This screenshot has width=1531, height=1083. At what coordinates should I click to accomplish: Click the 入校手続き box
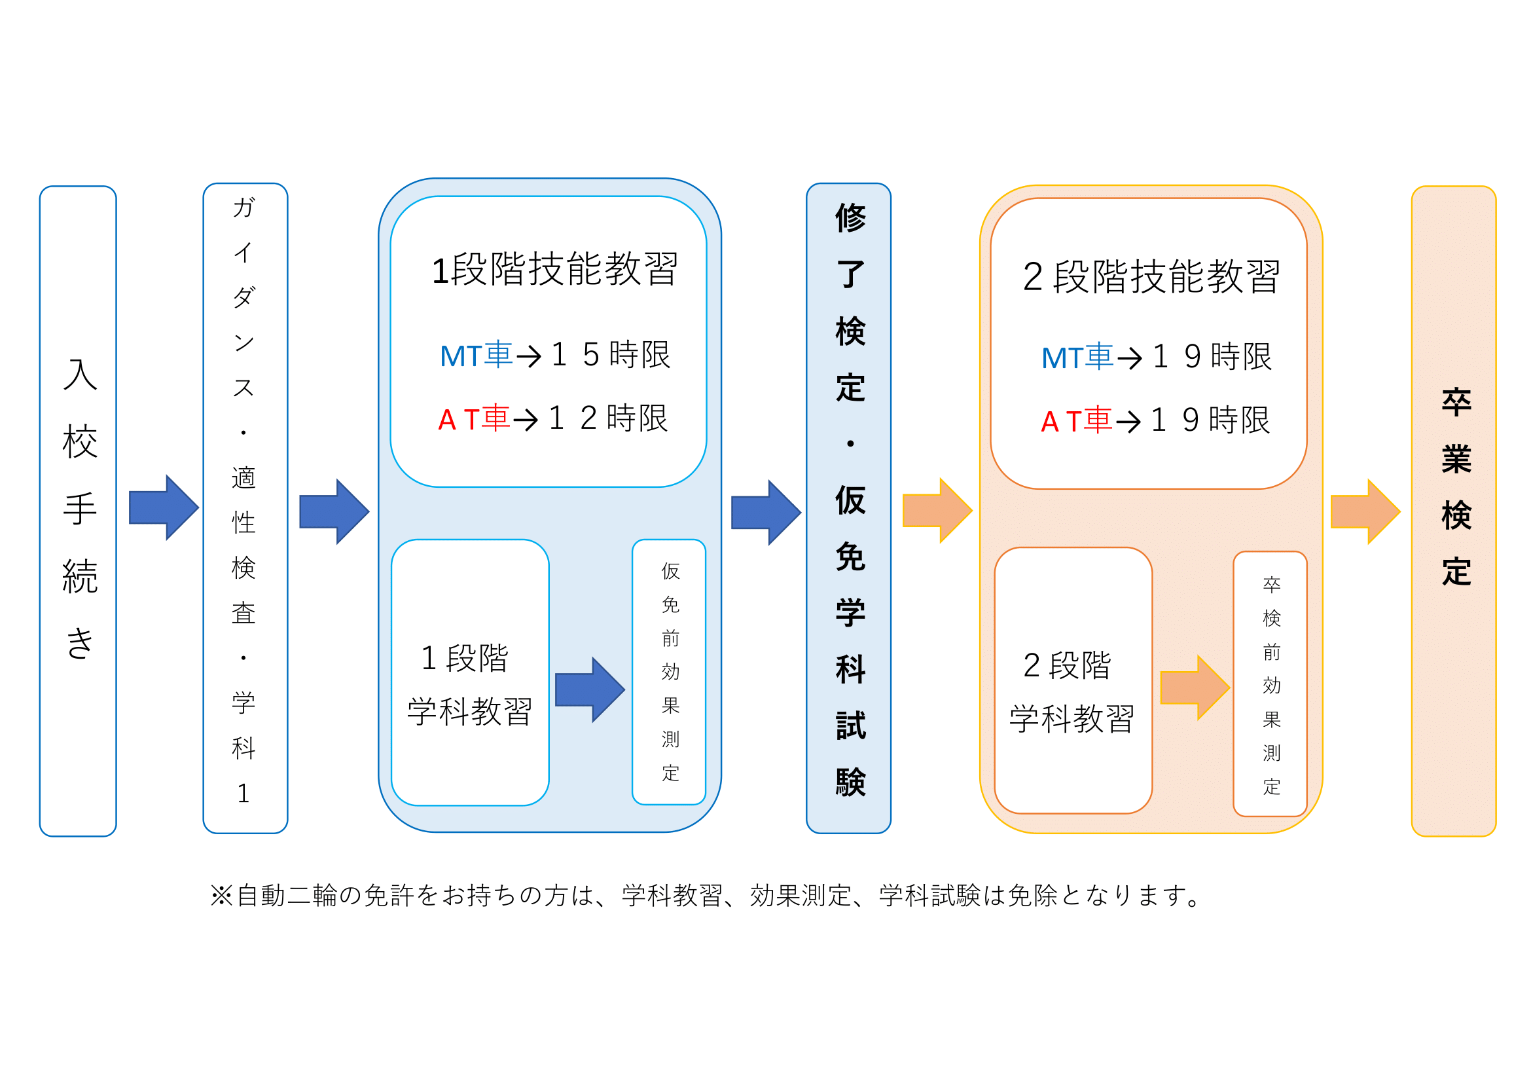tap(78, 511)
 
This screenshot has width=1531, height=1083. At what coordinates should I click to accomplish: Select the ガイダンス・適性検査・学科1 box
tap(245, 508)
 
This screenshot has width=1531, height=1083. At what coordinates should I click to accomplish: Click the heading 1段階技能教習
tap(554, 269)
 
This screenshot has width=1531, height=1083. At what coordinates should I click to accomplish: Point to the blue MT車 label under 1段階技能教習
tap(476, 355)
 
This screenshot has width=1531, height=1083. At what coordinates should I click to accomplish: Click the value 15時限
tap(610, 355)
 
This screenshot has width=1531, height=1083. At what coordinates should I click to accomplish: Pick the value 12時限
tap(607, 419)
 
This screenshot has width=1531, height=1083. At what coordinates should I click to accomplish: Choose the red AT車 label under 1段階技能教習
tap(473, 419)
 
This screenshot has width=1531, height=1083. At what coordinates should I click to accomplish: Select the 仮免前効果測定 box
tap(670, 672)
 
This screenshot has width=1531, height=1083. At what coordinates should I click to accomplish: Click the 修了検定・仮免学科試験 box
tap(849, 508)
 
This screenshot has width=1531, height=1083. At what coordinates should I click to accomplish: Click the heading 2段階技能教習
tap(1151, 276)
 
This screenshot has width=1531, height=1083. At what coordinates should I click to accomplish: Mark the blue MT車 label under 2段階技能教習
tap(1077, 358)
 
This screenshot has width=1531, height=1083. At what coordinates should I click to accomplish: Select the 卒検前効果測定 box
tap(1270, 684)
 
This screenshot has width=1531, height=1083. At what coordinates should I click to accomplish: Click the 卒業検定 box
tap(1454, 511)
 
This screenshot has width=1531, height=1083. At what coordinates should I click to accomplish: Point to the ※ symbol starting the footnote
tap(221, 896)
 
